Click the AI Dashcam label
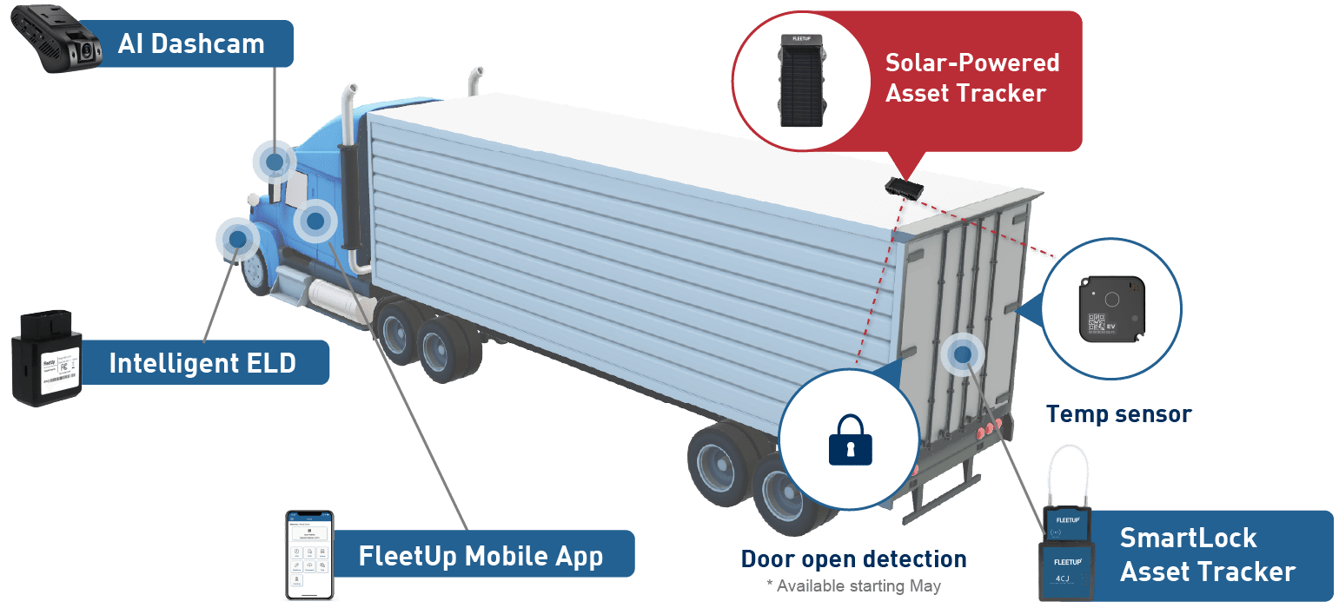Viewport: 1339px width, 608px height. click(x=190, y=44)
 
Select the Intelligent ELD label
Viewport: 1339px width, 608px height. click(x=202, y=363)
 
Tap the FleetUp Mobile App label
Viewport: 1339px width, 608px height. click(x=481, y=556)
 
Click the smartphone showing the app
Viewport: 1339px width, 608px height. click(x=310, y=555)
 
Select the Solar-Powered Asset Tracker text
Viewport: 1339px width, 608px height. click(x=971, y=77)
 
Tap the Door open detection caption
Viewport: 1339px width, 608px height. click(x=853, y=558)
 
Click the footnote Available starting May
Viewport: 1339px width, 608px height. click(x=853, y=585)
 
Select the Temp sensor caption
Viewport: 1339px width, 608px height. click(x=1118, y=414)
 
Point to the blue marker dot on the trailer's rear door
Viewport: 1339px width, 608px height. click(x=961, y=353)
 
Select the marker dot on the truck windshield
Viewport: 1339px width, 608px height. click(x=275, y=162)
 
